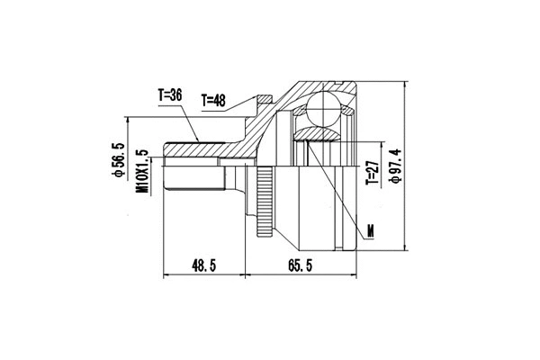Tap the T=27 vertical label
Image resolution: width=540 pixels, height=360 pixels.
[x=370, y=172]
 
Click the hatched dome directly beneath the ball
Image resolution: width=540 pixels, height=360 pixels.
[x=316, y=134]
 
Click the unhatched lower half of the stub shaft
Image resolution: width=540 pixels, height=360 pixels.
[x=193, y=180]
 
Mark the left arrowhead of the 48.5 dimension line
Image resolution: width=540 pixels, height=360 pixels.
[x=166, y=274]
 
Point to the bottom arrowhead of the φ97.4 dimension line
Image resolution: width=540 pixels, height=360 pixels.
[x=407, y=250]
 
